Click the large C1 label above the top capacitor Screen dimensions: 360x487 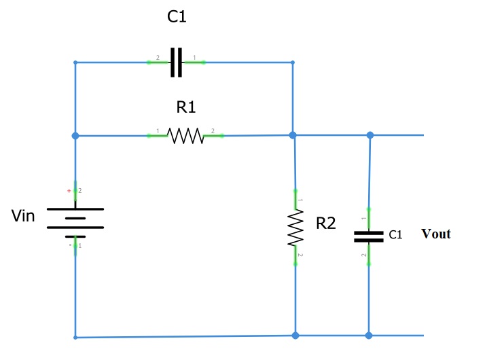177,18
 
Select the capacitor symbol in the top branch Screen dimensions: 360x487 176,62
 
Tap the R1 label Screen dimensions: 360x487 186,107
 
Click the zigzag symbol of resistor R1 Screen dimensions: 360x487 185,136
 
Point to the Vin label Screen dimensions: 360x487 23,217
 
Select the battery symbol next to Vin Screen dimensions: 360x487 75,218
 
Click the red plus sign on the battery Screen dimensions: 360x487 69,192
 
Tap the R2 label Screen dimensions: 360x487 326,223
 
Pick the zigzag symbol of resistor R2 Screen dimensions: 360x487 295,227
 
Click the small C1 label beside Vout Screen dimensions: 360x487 396,234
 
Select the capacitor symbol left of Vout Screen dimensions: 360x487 369,236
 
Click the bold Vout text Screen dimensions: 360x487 436,234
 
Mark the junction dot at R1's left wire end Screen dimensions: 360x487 75,136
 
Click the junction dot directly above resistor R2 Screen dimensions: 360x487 293,135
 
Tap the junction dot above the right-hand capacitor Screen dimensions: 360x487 370,135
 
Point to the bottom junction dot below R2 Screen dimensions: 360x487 295,336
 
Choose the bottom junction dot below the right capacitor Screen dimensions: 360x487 369,336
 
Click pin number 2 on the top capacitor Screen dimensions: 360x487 158,58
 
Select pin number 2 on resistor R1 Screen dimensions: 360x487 213,130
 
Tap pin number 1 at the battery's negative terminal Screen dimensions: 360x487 80,245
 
